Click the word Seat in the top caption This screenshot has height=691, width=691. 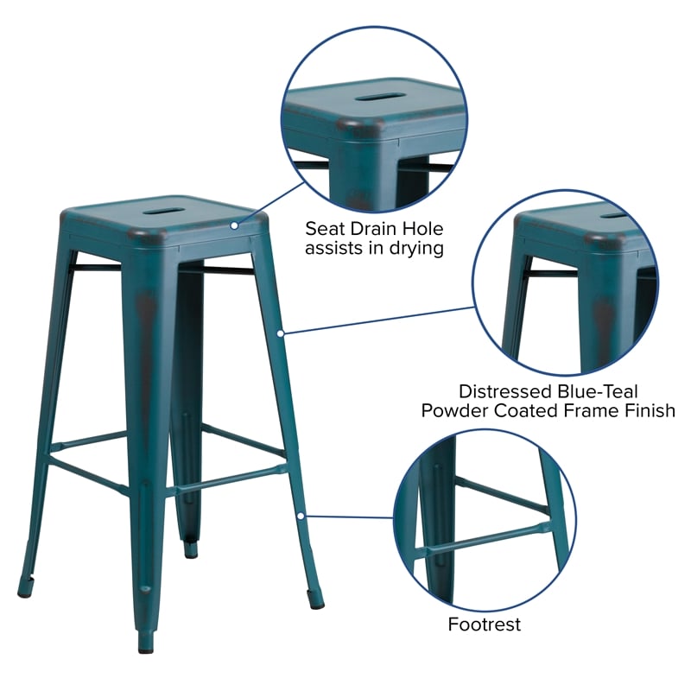[x=323, y=229]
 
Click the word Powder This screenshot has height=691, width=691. [x=454, y=412]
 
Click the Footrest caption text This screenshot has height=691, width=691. [x=484, y=624]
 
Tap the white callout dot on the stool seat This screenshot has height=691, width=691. [x=233, y=225]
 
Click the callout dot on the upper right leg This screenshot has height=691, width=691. [x=280, y=332]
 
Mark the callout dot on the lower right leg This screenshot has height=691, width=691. [x=301, y=516]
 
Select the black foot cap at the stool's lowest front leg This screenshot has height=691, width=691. [x=145, y=643]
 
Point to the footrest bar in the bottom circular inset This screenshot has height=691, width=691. [x=484, y=541]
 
